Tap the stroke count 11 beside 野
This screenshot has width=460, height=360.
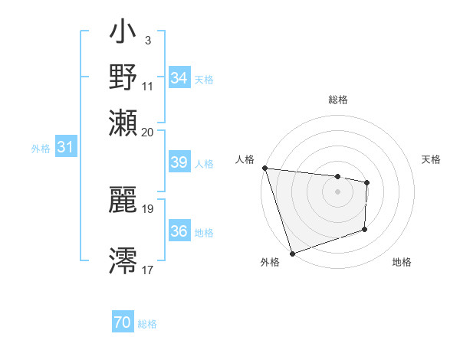click(148, 86)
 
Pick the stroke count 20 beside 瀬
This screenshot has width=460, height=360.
click(148, 132)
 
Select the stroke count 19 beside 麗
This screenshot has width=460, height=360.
click(148, 208)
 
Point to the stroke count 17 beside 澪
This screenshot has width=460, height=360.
click(148, 270)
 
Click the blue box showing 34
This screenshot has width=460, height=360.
click(179, 78)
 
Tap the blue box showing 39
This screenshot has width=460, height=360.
click(179, 162)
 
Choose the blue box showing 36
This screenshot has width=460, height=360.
click(179, 231)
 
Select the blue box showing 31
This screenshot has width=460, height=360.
click(65, 147)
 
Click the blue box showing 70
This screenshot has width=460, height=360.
click(123, 323)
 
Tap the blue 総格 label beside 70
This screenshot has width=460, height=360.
click(147, 324)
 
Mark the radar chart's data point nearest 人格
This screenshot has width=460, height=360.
click(264, 168)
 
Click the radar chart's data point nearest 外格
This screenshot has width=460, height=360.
click(292, 253)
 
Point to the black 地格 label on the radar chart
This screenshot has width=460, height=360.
click(402, 262)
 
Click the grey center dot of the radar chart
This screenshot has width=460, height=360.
click(337, 191)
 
